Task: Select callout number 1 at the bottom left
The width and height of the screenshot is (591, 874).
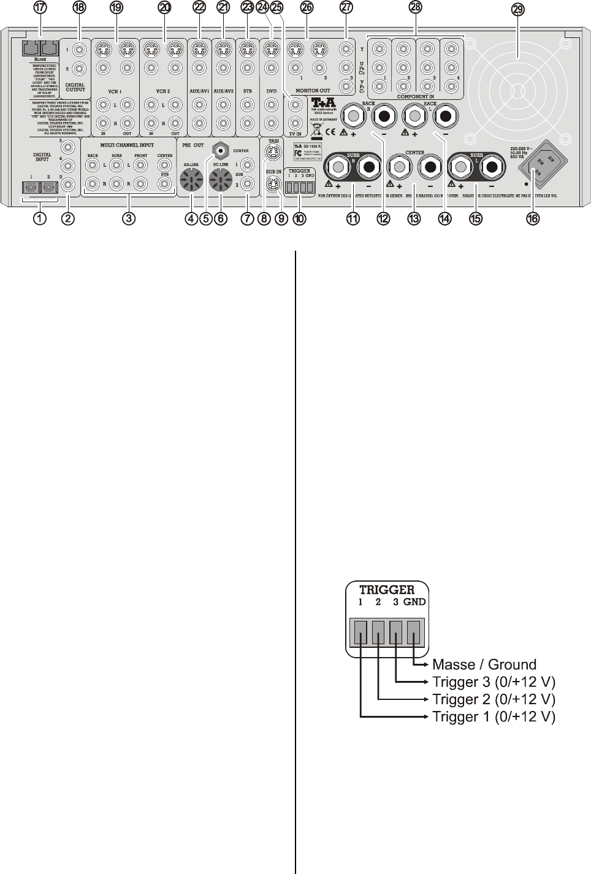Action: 40,218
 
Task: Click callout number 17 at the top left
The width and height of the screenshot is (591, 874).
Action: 40,8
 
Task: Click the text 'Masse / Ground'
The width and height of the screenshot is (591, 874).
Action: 484,664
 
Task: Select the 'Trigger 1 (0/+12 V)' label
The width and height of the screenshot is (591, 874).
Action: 494,716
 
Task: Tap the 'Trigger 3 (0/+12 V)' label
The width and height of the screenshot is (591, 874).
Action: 494,682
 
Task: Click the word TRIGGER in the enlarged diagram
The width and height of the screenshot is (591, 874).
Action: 387,590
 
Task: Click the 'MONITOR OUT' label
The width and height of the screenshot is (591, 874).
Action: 313,91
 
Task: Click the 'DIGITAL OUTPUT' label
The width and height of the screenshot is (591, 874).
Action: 75,89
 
